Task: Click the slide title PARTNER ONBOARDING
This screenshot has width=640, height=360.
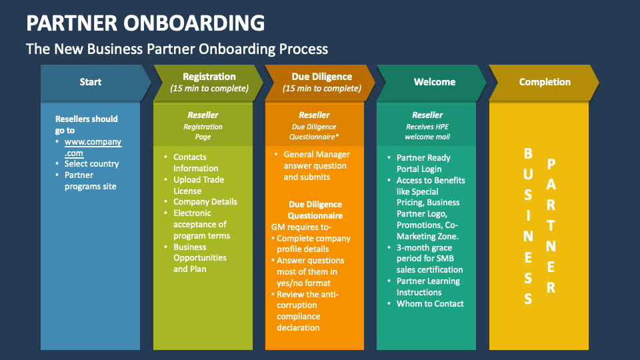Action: (145, 23)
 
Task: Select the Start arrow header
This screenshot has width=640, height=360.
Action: (91, 82)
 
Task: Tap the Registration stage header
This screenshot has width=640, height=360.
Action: (209, 82)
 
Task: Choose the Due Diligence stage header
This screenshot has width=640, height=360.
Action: (321, 82)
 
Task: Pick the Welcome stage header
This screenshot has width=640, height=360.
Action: (434, 82)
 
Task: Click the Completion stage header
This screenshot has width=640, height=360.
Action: (545, 82)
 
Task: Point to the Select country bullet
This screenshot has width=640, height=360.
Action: (91, 164)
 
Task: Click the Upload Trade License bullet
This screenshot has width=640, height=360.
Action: (199, 185)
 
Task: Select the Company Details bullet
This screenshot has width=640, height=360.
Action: (205, 202)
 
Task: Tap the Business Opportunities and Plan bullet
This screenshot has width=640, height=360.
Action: (199, 257)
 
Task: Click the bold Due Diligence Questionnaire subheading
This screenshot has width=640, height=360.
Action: (315, 210)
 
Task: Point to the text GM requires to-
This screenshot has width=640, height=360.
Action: (297, 227)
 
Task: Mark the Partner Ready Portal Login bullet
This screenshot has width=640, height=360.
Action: (423, 163)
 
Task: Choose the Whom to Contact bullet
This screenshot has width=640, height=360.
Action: (430, 304)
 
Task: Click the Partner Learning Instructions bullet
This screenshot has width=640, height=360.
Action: (428, 287)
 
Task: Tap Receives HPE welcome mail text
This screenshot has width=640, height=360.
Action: (427, 131)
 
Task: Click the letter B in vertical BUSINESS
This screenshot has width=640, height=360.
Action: (528, 154)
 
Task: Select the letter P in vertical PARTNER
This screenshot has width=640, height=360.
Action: (551, 164)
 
